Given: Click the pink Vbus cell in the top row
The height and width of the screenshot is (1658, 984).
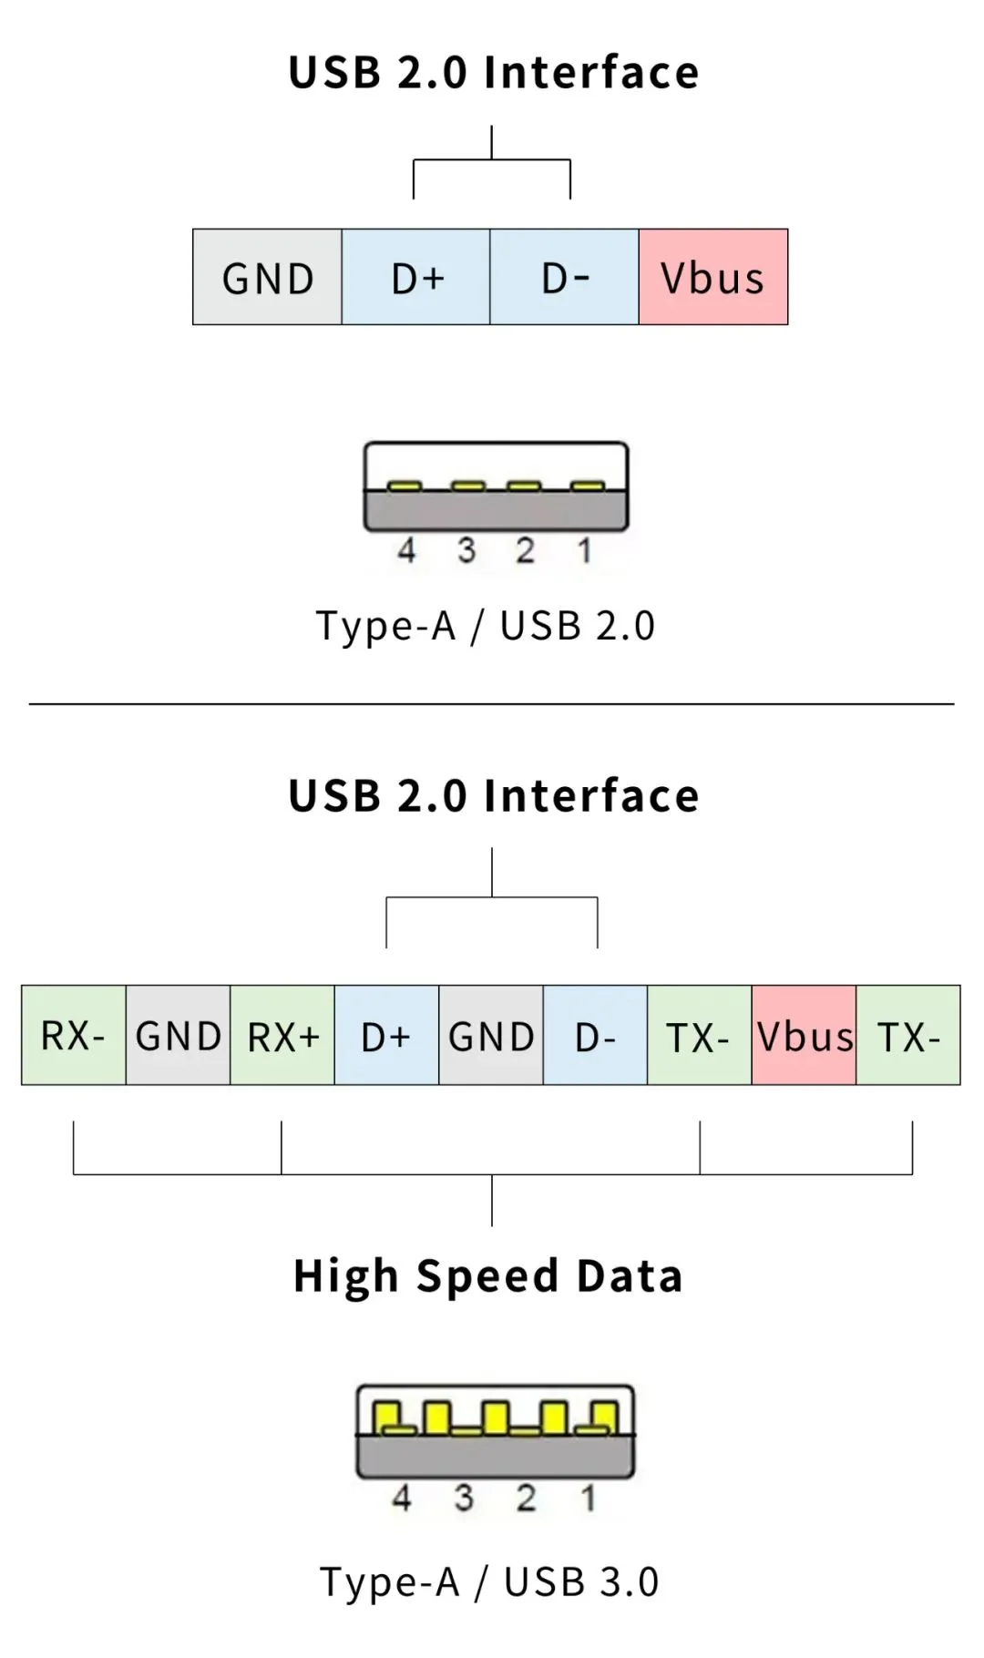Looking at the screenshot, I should (712, 277).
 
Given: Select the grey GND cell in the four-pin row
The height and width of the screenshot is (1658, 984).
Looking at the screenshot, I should (267, 277).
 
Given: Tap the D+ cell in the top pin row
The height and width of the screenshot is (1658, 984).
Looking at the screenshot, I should (415, 277).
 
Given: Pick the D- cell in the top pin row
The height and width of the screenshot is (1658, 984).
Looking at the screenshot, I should (564, 277).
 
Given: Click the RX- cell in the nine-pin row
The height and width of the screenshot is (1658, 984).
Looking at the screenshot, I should (73, 1035).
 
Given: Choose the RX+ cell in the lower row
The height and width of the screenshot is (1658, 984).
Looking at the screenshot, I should (282, 1035).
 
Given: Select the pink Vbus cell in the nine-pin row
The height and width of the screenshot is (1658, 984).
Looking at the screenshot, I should (804, 1035).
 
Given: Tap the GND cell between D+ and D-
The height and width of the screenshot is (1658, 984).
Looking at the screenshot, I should (491, 1035).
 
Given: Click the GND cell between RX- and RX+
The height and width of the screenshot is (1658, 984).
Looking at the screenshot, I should (178, 1035).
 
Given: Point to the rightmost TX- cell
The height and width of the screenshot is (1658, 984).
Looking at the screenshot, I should (908, 1035).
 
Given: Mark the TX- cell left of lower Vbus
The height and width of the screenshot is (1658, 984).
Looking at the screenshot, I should (699, 1035).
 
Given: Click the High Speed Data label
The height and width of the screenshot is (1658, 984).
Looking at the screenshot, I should (488, 1275).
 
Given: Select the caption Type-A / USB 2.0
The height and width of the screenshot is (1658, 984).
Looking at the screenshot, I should (486, 626).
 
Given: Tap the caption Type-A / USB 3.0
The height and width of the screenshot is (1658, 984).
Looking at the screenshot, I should (489, 1582).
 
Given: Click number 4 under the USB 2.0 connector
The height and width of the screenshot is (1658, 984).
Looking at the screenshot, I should (406, 550).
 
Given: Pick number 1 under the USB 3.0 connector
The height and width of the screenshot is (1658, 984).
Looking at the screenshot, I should (589, 1498).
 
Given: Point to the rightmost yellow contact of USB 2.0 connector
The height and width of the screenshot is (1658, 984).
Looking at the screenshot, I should (588, 486).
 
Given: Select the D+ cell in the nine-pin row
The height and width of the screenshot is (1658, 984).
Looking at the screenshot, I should (386, 1035).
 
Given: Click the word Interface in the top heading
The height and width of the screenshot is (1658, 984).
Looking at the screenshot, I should (591, 73).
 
